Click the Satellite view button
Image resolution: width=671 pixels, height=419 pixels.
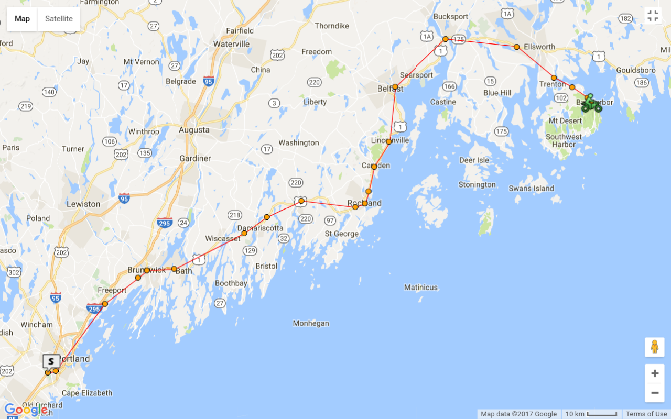point(59,19)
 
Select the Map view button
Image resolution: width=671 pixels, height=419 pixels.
point(22,19)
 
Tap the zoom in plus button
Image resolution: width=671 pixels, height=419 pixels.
point(654,373)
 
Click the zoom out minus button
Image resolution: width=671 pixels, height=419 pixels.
point(654,393)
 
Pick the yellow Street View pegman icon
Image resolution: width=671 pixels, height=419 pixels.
point(654,347)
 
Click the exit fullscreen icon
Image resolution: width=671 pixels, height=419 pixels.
point(653,16)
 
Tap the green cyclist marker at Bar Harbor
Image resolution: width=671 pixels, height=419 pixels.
point(591,104)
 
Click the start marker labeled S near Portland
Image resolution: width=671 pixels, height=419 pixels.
point(51,361)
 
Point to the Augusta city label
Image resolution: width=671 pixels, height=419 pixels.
point(194,130)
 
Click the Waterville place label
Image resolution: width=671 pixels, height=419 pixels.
point(231,44)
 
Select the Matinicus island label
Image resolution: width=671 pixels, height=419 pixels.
point(420,288)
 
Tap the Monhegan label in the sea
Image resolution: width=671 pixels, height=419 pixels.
point(311,323)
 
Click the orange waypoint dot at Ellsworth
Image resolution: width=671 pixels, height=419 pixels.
point(516,47)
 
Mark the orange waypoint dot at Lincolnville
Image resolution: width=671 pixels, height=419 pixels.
point(389,141)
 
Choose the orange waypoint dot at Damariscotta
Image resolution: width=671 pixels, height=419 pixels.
point(267,217)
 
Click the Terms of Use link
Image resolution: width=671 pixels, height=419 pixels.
point(646,414)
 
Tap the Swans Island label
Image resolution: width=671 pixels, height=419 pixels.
point(531,189)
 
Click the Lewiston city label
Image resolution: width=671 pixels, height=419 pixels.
point(83,204)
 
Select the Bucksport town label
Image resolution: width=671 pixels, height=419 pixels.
point(450,17)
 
